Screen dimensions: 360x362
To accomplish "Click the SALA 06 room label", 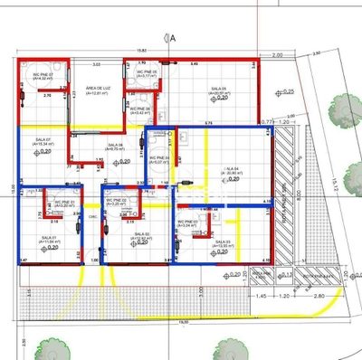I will [115, 145].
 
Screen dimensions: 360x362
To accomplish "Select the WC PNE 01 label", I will [64, 202].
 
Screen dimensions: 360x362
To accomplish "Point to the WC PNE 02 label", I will [118, 200].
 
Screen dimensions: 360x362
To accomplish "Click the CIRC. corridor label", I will [93, 217].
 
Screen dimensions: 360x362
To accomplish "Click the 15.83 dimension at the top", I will [141, 51].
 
